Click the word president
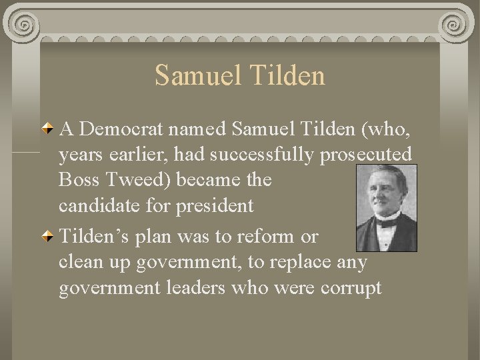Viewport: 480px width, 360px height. pos(215,206)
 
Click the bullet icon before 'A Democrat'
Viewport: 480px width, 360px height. pos(49,128)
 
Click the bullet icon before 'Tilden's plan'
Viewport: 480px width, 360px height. pos(49,237)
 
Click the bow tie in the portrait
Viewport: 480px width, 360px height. pos(387,223)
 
